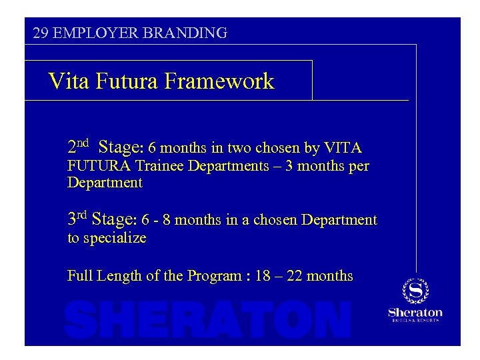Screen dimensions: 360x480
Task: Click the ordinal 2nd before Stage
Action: pos(78,146)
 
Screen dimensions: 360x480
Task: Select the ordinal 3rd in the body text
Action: pos(77,219)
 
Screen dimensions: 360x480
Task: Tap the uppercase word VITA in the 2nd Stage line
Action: pos(342,147)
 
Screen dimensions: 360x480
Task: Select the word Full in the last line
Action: pos(79,276)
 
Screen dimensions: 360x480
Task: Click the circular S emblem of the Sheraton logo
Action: pos(415,291)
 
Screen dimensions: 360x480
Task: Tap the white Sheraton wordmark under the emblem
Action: pos(415,312)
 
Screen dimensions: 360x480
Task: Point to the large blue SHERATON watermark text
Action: pos(207,319)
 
